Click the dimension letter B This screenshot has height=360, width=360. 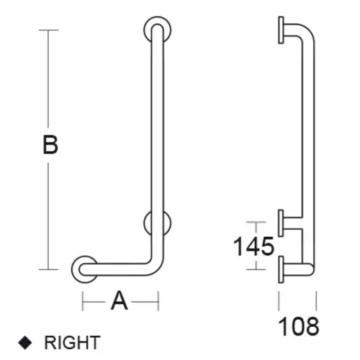[50, 145]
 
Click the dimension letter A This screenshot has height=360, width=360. [120, 300]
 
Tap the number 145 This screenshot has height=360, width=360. [253, 246]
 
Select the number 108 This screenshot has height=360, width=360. [299, 326]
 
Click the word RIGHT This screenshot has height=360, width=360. [72, 343]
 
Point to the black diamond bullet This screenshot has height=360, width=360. [25, 343]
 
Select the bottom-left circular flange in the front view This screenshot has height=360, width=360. [75, 269]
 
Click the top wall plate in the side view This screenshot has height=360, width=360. [281, 30]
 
